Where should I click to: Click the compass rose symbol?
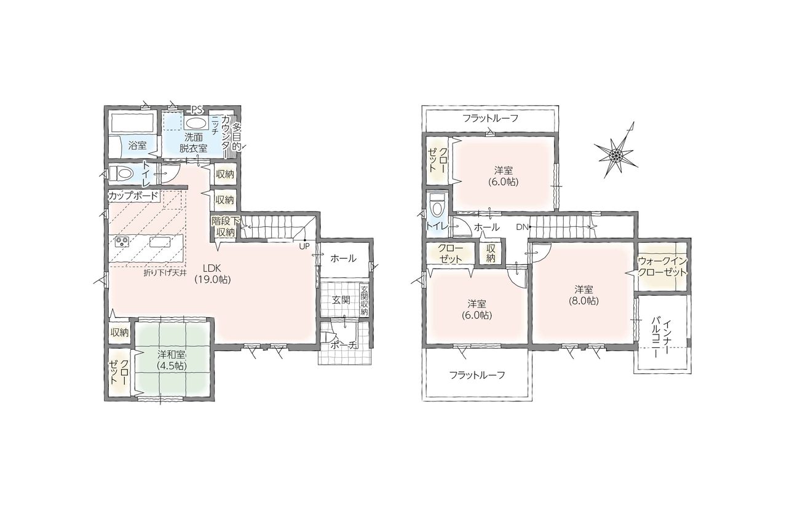pyautogui.click(x=616, y=154)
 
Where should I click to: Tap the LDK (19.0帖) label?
pyautogui.click(x=212, y=274)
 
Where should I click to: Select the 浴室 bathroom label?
pyautogui.click(x=137, y=145)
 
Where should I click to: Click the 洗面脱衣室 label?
pyautogui.click(x=193, y=143)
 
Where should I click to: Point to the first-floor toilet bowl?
pyautogui.click(x=121, y=173)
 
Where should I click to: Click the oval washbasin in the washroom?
pyautogui.click(x=196, y=124)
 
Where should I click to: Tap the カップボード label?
pyautogui.click(x=133, y=196)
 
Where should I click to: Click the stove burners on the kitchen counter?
pyautogui.click(x=122, y=242)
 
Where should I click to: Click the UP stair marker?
pyautogui.click(x=304, y=247)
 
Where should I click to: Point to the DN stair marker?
pyautogui.click(x=521, y=227)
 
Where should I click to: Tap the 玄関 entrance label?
pyautogui.click(x=341, y=300)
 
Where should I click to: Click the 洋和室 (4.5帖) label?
pyautogui.click(x=172, y=360)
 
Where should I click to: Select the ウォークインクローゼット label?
pyautogui.click(x=662, y=267)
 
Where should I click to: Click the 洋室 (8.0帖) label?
pyautogui.click(x=584, y=295)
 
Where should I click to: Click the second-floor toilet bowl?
pyautogui.click(x=437, y=208)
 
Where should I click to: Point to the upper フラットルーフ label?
pyautogui.click(x=491, y=119)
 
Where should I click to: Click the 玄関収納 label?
pyautogui.click(x=363, y=301)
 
